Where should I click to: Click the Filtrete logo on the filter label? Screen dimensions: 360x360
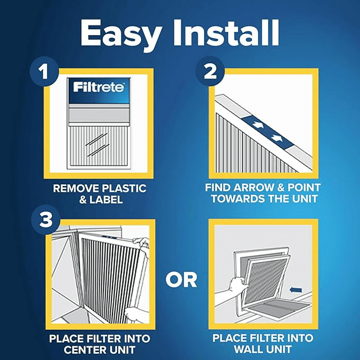tap(99, 87)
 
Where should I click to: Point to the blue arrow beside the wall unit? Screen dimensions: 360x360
tap(296, 290)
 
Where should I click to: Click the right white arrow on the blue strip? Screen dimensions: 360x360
tap(276, 138)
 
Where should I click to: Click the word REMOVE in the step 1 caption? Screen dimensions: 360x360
tap(73, 189)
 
